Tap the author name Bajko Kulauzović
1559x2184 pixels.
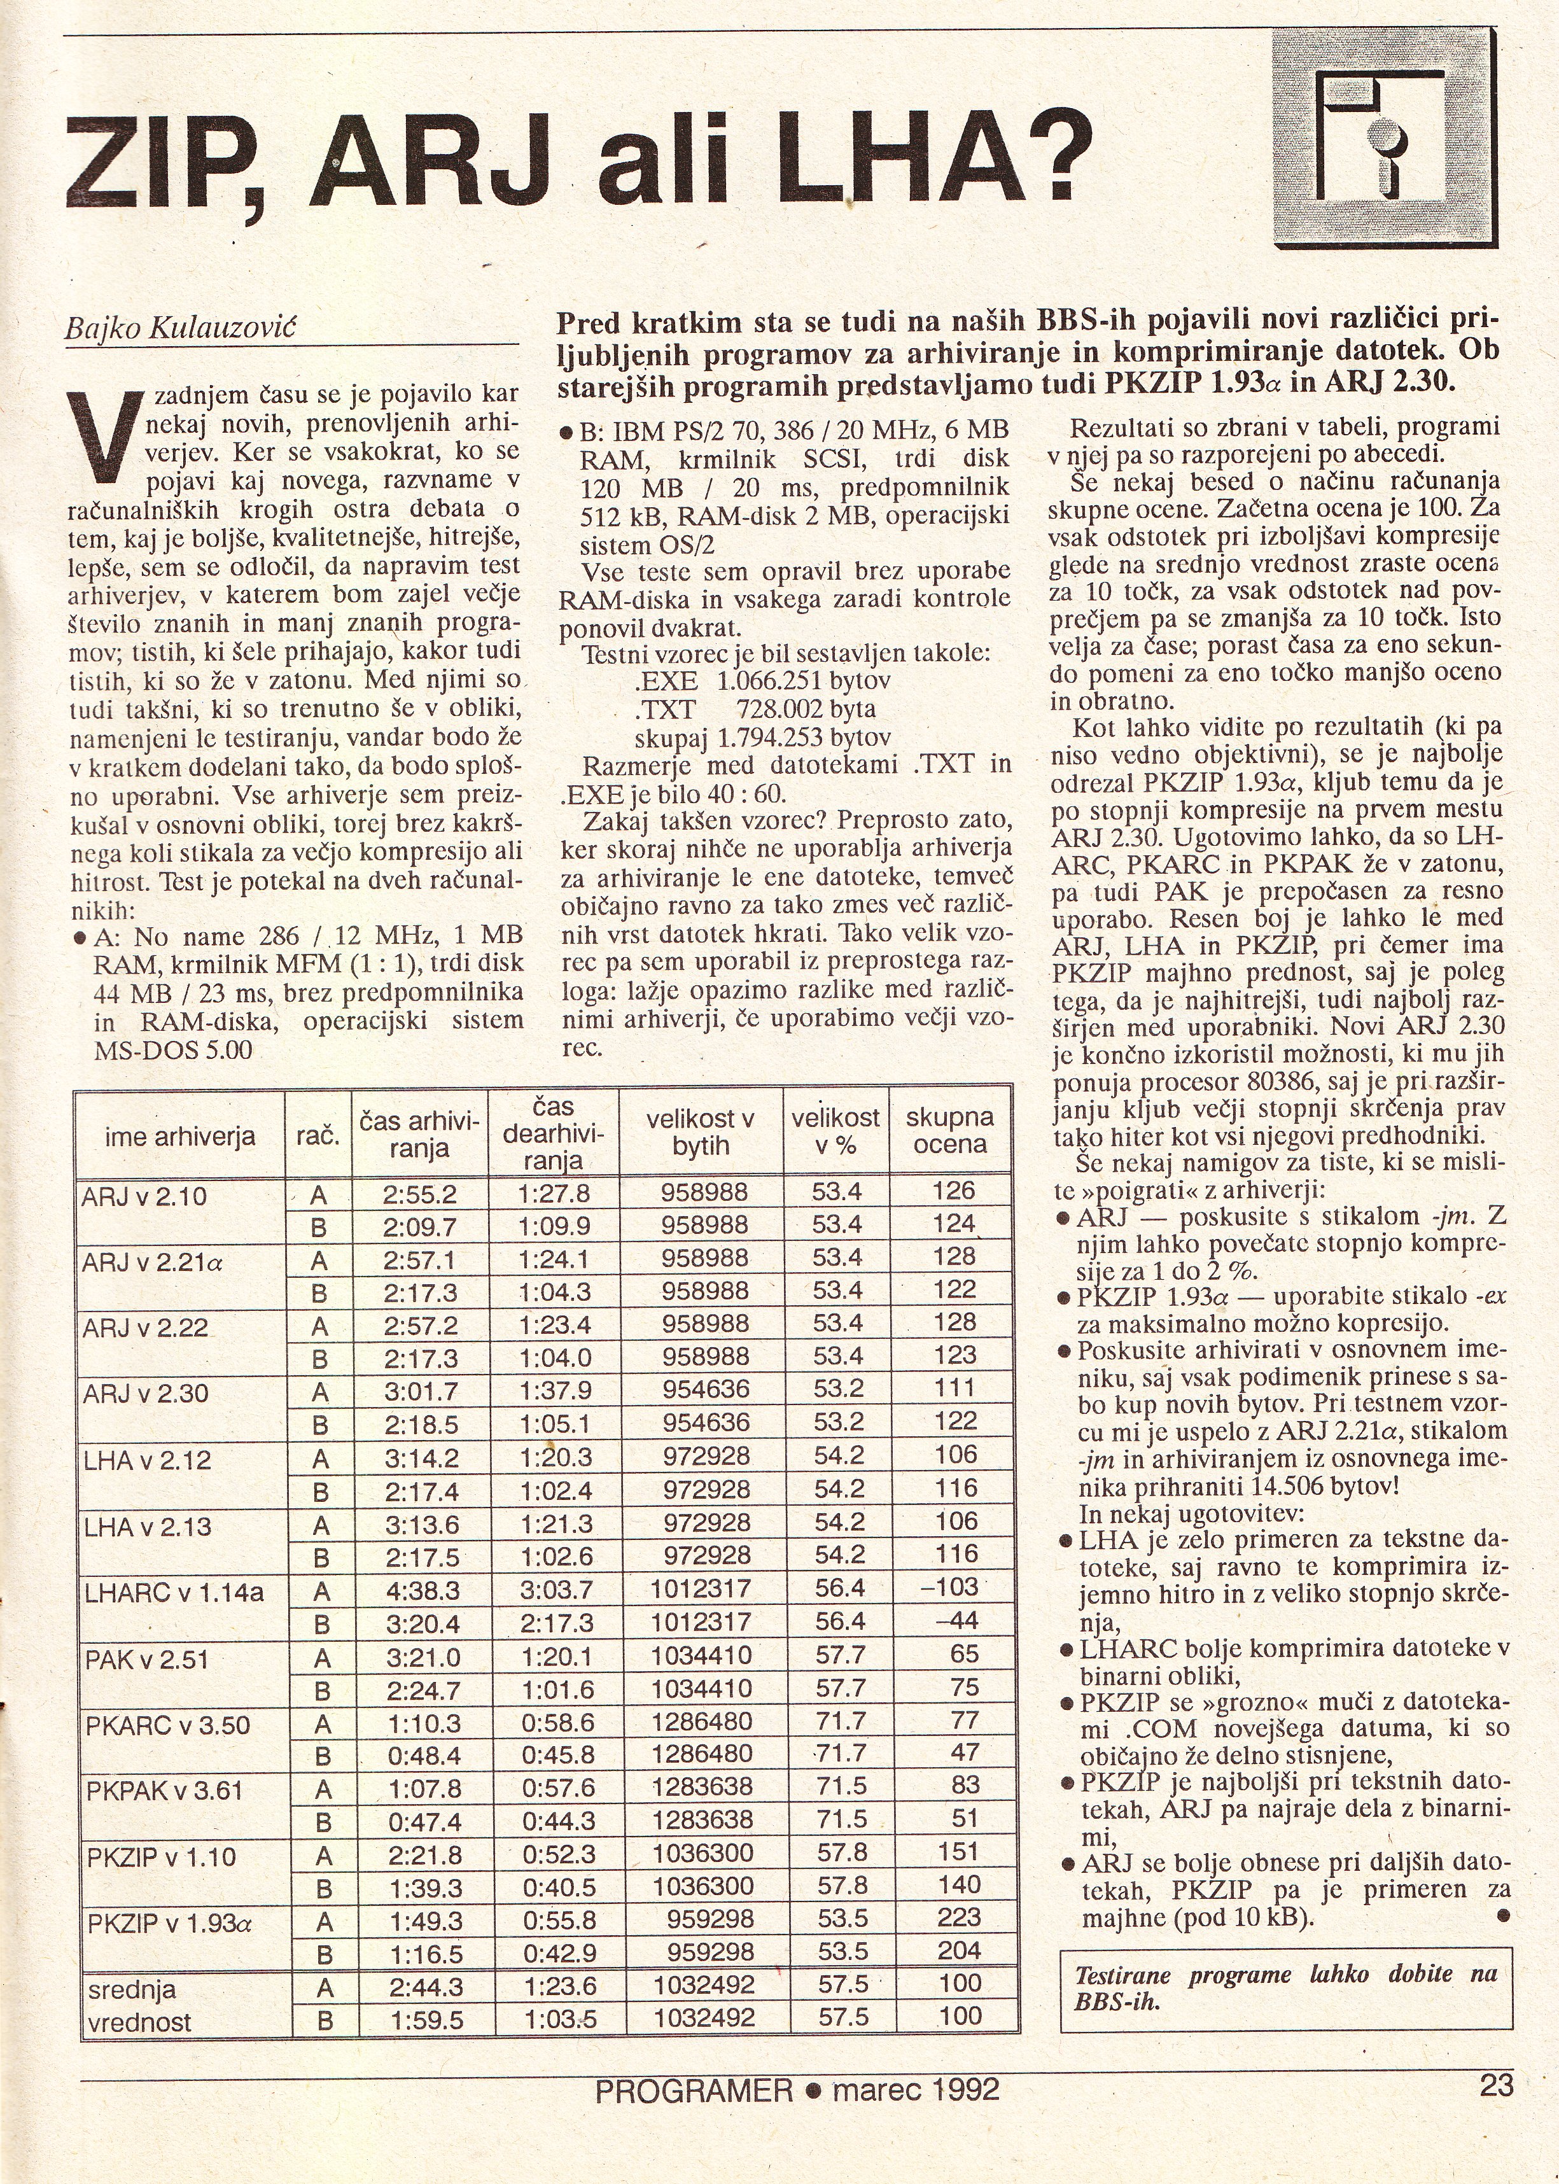179,328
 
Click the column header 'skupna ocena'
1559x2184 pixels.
951,1130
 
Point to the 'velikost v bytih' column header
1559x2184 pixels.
701,1131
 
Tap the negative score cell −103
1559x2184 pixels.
951,1586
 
